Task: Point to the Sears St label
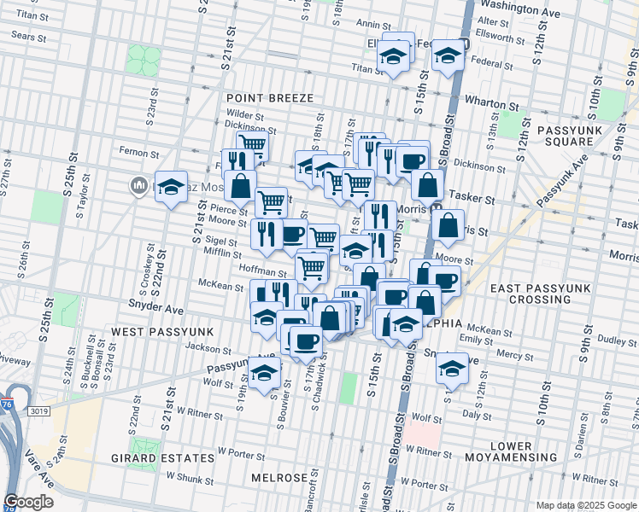[x=29, y=37]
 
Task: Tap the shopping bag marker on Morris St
[x=448, y=227]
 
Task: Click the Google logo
[x=29, y=501]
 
